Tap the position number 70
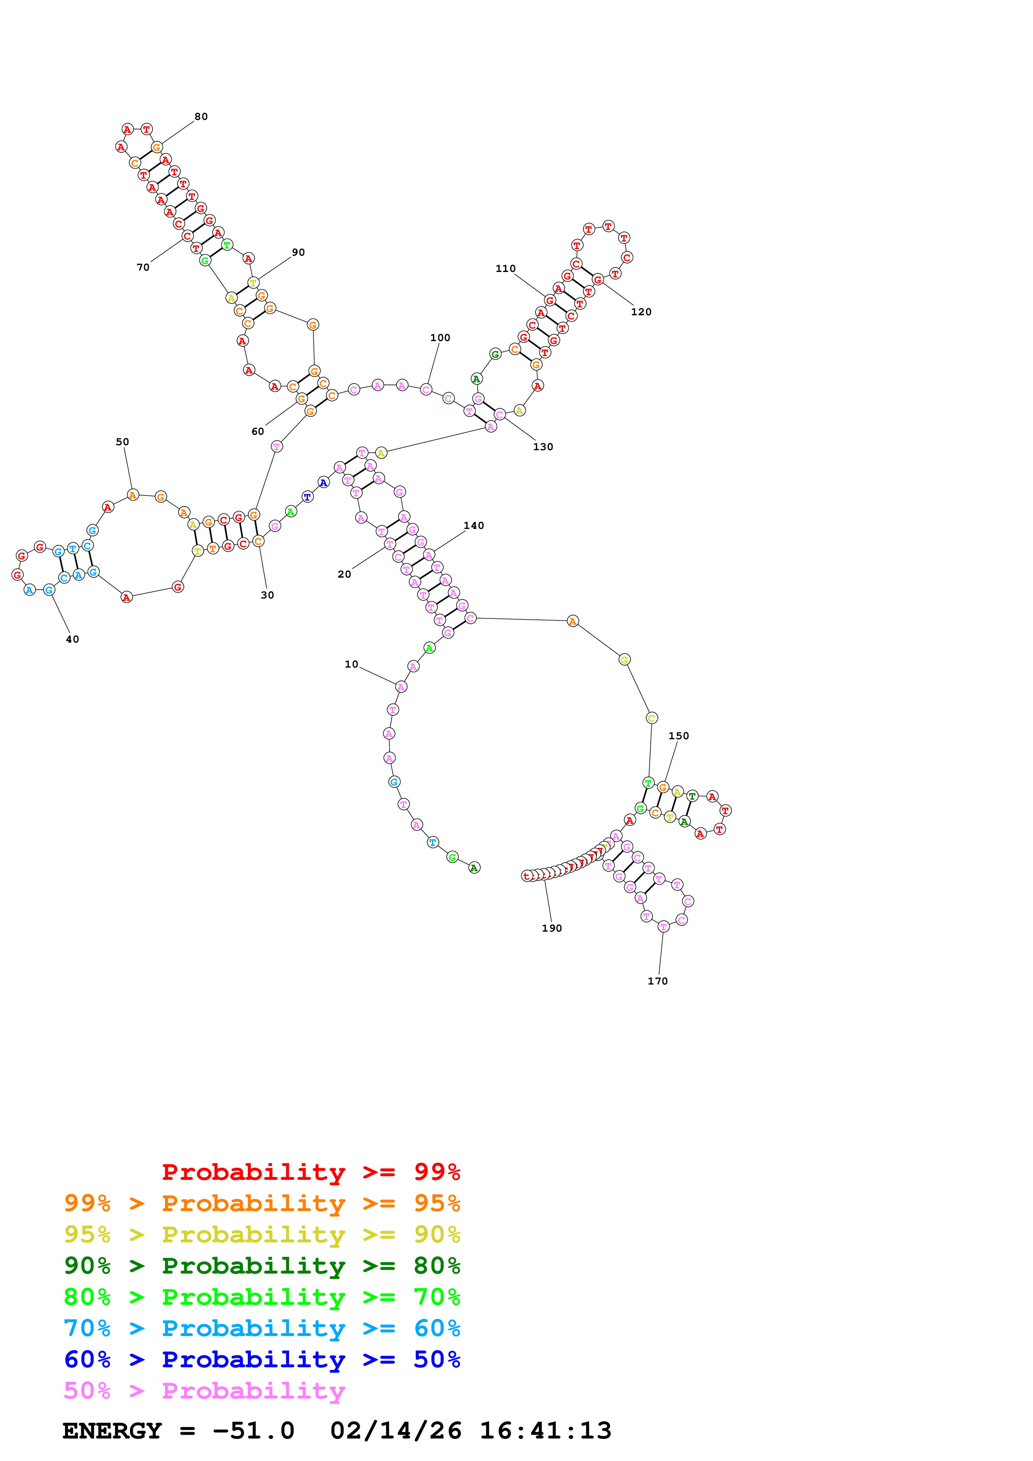click(x=143, y=267)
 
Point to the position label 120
click(x=641, y=312)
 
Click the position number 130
click(x=543, y=447)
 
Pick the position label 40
click(x=73, y=640)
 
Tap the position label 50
click(x=122, y=441)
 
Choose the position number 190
click(x=552, y=928)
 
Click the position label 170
click(x=658, y=981)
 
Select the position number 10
click(x=351, y=664)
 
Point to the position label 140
click(x=473, y=526)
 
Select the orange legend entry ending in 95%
click(x=262, y=1203)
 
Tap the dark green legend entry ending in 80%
click(x=262, y=1266)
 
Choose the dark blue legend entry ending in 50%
click(x=262, y=1359)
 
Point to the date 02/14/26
click(x=395, y=1431)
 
